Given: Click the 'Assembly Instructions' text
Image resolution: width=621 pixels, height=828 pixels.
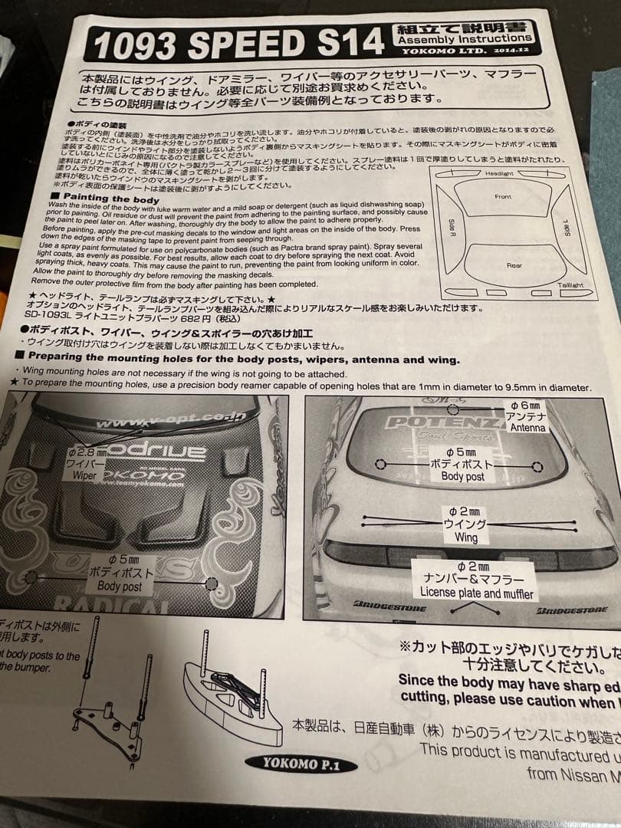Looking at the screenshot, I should [465, 38].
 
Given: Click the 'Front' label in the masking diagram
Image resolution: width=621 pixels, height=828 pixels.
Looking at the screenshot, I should [503, 197].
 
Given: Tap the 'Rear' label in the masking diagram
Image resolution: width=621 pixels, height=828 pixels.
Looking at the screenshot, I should [514, 265].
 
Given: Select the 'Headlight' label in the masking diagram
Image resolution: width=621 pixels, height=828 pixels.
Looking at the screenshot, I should [499, 174].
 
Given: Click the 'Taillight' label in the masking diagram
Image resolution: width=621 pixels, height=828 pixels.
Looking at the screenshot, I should [570, 285].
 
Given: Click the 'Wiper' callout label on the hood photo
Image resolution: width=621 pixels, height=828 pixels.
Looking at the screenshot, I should [84, 475].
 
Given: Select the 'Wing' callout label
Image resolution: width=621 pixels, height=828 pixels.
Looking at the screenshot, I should [465, 537].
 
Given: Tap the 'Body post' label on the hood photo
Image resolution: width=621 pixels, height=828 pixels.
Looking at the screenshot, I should [119, 586].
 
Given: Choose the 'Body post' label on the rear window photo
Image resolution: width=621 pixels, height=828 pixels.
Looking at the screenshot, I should [462, 476].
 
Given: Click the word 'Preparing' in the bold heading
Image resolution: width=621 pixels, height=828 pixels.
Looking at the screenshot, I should [61, 358].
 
